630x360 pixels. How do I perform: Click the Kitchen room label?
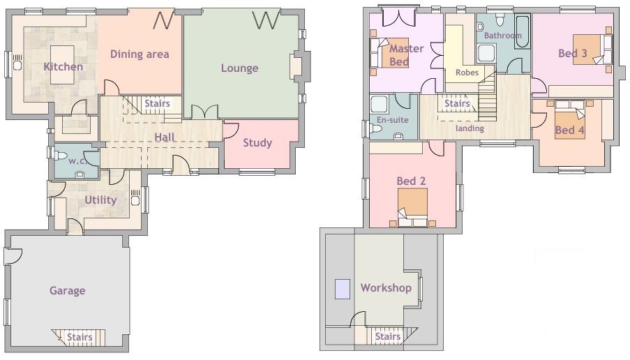63,67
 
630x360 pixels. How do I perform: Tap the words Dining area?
140,54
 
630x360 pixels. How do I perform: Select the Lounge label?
239,68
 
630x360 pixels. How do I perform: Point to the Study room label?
257,143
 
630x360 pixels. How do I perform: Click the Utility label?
100,200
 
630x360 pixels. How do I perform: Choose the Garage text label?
67,290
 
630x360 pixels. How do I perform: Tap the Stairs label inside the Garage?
79,338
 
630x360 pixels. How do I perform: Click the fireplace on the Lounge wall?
295,67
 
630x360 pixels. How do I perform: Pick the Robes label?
466,73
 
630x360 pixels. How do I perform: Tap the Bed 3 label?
572,52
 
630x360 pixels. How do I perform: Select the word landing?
470,128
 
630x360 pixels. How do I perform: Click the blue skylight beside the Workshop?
342,289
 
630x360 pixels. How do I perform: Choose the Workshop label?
385,287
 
